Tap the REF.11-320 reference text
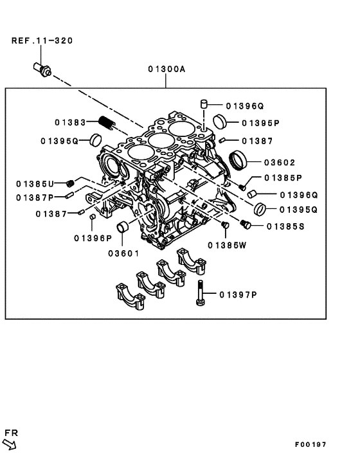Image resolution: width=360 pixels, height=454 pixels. pyautogui.click(x=42, y=41)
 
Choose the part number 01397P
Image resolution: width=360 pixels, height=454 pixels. pyautogui.click(x=237, y=295)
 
